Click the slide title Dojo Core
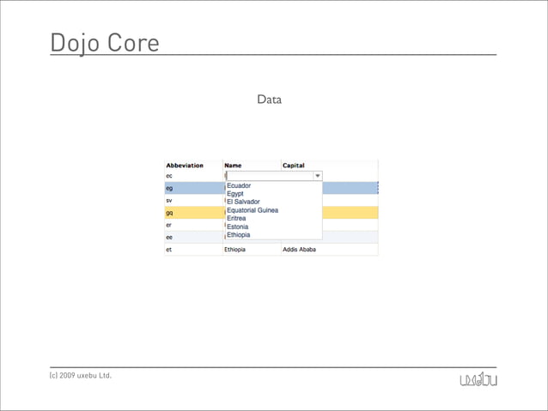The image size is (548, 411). coord(105,43)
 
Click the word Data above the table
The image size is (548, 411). coord(269,100)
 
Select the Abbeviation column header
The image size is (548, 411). coord(184,166)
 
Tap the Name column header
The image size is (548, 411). coord(233,166)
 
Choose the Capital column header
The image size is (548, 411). coord(294,166)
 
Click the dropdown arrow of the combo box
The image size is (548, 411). coord(317,176)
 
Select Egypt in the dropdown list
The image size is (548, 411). coord(235,194)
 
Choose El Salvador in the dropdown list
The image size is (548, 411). coord(243,202)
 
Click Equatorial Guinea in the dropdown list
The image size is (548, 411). coord(253,210)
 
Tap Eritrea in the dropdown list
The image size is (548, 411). coord(236,218)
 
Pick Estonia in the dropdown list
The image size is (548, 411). coord(237,227)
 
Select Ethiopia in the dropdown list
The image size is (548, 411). coord(239,234)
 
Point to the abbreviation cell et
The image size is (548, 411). coord(168,250)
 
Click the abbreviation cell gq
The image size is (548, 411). coord(169,212)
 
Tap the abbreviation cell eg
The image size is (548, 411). coord(169,188)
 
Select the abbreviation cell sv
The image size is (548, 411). coord(169,200)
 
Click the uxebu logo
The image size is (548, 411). coord(478,379)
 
